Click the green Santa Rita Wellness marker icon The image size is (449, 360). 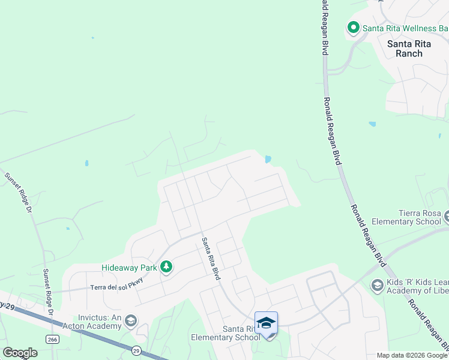pos(353,28)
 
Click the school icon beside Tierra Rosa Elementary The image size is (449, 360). pos(446,215)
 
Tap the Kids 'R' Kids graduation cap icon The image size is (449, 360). pos(377,284)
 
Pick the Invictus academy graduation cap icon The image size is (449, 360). pos(130,322)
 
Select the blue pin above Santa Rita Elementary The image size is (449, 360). pos(266,323)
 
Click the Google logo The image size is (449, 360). pos(20,353)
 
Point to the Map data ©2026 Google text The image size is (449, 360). pos(411,355)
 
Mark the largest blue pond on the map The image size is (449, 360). pos(267,159)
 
